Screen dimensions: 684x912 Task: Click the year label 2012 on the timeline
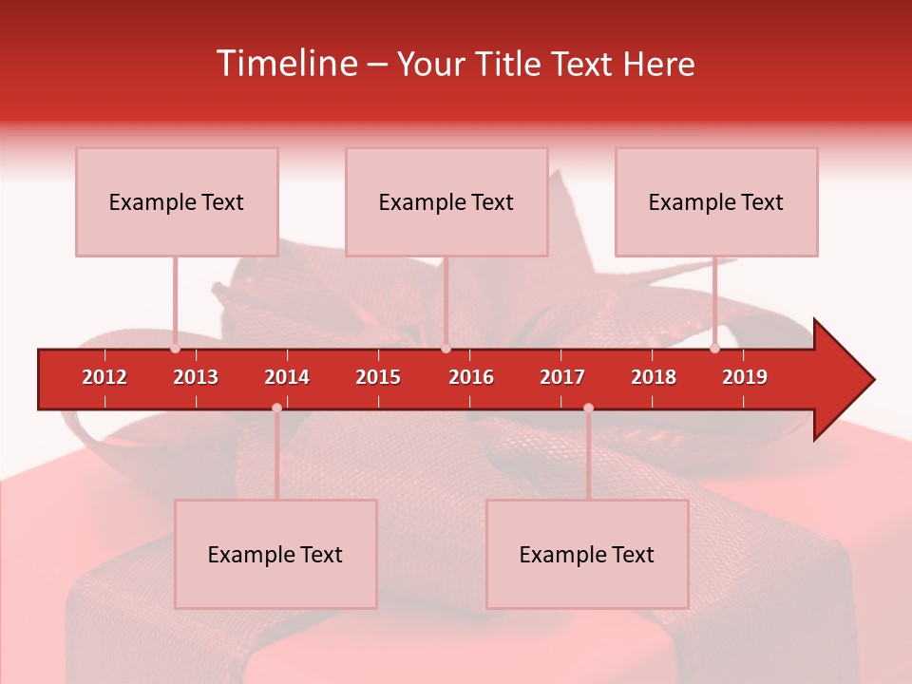tap(104, 377)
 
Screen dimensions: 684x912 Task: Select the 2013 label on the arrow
tap(196, 377)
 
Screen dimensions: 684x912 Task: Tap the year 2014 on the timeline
tap(287, 377)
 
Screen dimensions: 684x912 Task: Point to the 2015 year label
tap(378, 377)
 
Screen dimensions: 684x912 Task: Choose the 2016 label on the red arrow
tap(471, 377)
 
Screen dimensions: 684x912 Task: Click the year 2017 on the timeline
tap(562, 377)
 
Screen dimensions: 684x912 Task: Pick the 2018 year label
tap(654, 377)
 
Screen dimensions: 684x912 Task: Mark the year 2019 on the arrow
tap(745, 377)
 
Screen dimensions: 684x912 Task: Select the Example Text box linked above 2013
tap(177, 201)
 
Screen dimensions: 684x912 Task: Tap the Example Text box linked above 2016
tap(446, 201)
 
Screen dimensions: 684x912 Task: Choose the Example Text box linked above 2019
tap(716, 201)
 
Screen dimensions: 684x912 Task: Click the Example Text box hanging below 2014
tap(275, 554)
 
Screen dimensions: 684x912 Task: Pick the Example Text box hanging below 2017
tap(587, 554)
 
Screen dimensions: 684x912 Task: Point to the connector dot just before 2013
tap(175, 349)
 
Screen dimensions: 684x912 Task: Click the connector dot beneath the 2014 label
tap(276, 408)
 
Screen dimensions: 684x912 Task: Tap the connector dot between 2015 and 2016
tap(446, 349)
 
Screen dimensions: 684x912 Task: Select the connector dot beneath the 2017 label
tap(588, 408)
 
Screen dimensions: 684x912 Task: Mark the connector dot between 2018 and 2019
tap(714, 349)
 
